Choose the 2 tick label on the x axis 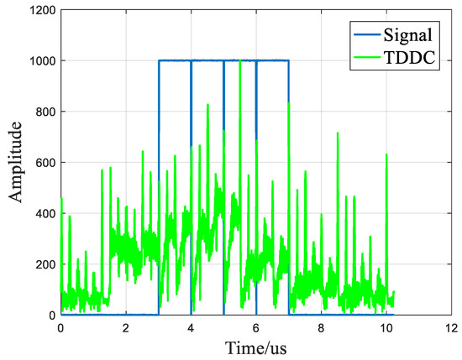coord(125,327)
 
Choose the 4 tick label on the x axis coord(191,327)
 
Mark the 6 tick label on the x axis coord(256,327)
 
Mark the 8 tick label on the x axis coord(321,327)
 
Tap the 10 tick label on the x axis coord(386,327)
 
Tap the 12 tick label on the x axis coord(451,327)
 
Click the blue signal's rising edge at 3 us coord(159,185)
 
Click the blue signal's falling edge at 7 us coord(289,185)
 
